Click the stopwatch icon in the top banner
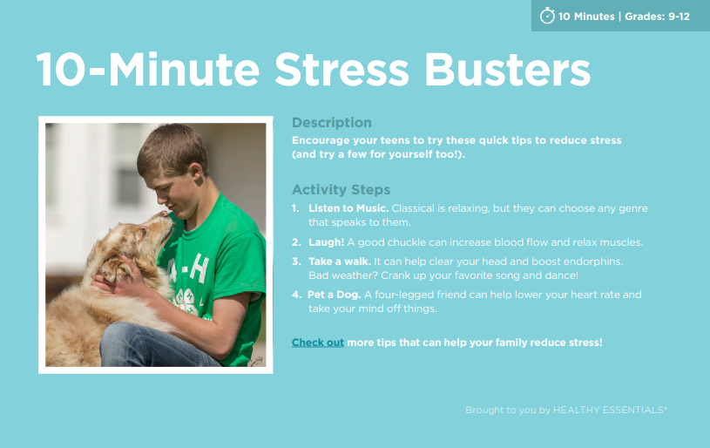click(x=547, y=16)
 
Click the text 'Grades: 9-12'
click(x=657, y=17)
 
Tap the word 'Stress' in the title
click(x=341, y=70)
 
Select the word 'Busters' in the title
click(x=508, y=70)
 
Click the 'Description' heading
click(x=331, y=122)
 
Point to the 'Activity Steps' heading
click(x=341, y=189)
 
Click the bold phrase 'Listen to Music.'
click(x=348, y=208)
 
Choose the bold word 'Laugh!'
click(x=326, y=242)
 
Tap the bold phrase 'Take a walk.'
click(x=340, y=261)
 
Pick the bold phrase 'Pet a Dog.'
click(x=335, y=295)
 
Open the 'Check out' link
click(x=317, y=343)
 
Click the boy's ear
click(x=196, y=172)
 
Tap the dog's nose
click(x=166, y=214)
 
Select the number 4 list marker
click(x=296, y=295)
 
